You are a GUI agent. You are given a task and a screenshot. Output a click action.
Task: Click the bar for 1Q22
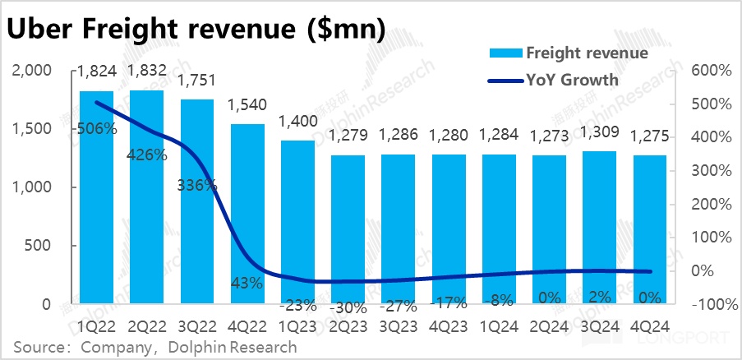point(96,197)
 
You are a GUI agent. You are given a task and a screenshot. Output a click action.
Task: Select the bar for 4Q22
point(247,214)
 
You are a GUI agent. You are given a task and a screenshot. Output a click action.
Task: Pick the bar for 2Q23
point(348,229)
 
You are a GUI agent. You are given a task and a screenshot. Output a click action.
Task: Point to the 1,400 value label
point(297,122)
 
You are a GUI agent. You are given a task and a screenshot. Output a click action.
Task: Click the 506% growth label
point(96,129)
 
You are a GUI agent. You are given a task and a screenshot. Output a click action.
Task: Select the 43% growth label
point(247,284)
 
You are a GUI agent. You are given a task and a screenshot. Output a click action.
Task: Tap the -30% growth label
point(348,308)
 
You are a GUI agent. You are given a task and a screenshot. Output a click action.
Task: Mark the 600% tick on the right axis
point(711,72)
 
